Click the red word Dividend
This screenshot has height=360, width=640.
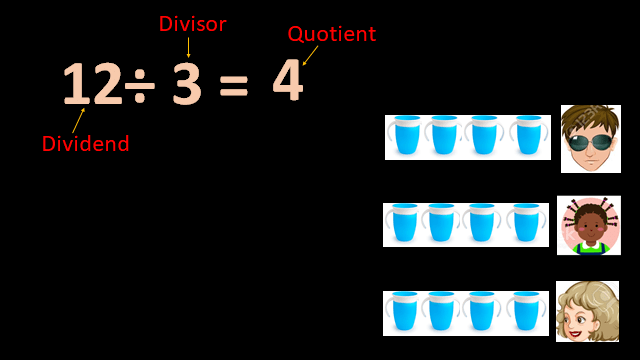85,144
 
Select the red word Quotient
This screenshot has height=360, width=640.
331,34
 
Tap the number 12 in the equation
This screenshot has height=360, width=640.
92,84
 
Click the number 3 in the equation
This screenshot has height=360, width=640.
186,84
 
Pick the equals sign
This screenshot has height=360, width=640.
233,87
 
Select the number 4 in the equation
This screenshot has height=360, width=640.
287,82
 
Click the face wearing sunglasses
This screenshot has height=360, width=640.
590,138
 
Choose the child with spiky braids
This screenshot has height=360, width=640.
588,225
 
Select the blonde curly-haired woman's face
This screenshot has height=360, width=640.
587,311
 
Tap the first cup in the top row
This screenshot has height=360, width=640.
406,136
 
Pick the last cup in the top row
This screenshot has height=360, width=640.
528,136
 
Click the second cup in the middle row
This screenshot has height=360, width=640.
443,224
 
